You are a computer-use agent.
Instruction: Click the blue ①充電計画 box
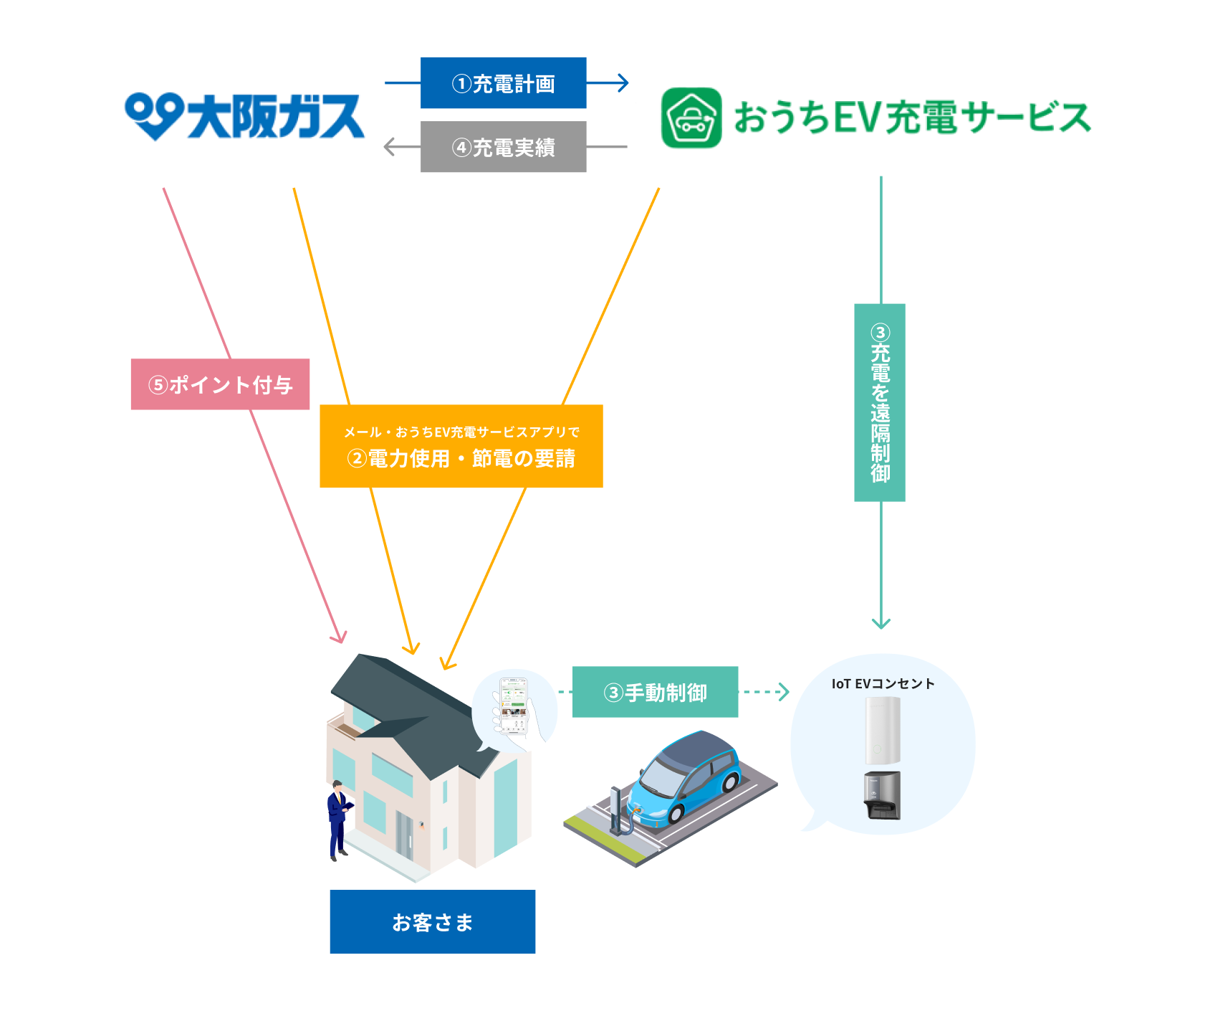click(503, 83)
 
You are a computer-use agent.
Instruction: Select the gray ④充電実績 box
click(503, 147)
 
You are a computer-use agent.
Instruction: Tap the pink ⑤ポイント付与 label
click(220, 384)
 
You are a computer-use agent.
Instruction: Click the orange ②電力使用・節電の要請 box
click(461, 446)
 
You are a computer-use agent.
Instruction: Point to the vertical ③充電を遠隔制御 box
click(880, 402)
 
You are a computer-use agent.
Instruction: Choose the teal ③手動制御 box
click(655, 692)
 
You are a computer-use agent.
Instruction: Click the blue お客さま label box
click(432, 921)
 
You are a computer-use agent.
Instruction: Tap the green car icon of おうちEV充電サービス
click(691, 118)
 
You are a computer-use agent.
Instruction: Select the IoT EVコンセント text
click(883, 683)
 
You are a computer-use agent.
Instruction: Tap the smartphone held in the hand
click(514, 706)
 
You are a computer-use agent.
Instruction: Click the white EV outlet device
click(882, 730)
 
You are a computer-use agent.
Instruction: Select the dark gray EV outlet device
click(882, 795)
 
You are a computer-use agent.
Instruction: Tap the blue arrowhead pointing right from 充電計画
click(623, 83)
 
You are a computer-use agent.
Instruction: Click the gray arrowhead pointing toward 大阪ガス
click(390, 147)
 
